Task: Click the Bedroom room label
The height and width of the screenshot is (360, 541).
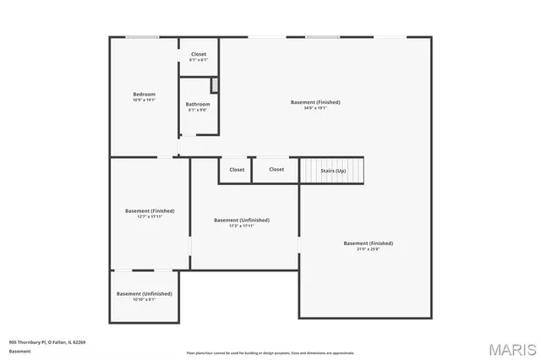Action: (144, 94)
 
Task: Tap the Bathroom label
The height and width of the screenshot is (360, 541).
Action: (197, 104)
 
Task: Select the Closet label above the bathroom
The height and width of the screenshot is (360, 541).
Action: (197, 54)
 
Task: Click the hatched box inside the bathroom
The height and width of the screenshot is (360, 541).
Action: (215, 85)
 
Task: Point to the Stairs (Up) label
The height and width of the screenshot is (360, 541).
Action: (333, 171)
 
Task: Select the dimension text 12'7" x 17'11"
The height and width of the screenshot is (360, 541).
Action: (149, 216)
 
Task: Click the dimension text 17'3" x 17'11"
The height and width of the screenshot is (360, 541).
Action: (241, 226)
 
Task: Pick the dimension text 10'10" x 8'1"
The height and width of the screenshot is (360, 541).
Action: (144, 299)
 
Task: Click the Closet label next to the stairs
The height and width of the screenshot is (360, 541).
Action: (276, 169)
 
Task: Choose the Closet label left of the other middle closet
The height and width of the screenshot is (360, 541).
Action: (237, 169)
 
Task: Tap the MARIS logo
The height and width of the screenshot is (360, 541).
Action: (511, 347)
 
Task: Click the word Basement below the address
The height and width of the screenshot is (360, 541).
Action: (19, 351)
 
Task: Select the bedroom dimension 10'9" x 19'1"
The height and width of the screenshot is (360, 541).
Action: (144, 100)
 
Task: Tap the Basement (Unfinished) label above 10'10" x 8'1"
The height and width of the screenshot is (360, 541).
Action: (144, 293)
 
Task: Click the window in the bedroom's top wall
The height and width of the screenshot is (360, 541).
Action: (142, 36)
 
